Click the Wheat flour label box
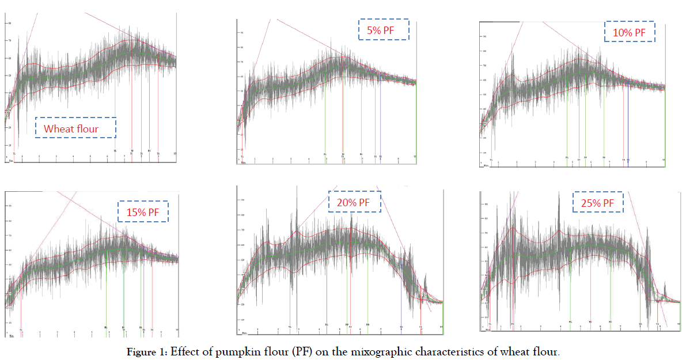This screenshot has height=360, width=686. (x=75, y=128)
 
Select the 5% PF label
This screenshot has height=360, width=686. (x=384, y=30)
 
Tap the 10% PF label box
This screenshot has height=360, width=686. (x=630, y=32)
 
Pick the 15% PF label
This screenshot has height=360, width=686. (x=143, y=212)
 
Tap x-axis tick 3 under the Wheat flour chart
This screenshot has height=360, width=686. (x=56, y=157)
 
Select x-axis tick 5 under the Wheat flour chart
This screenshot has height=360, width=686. (x=90, y=157)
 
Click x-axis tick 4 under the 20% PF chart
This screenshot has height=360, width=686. (x=319, y=329)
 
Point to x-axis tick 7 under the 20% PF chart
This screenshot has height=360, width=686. (x=381, y=329)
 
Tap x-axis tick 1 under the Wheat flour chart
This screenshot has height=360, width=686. (x=22, y=157)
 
